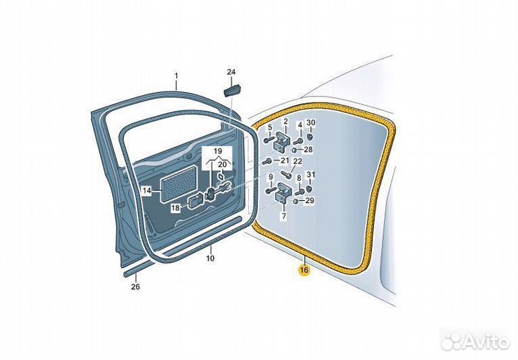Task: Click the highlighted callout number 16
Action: pos(304,270)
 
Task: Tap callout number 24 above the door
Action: pos(231,72)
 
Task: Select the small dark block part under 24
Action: pos(231,91)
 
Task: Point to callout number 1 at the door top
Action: pos(176,76)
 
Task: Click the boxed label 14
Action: pos(147,190)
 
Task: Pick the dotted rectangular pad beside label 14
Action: pos(178,184)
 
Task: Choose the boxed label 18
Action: pos(176,208)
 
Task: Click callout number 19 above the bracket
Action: pos(217,151)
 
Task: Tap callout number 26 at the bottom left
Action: pos(135,287)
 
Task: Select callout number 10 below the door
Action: pos(210,258)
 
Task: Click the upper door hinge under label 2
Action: pos(282,142)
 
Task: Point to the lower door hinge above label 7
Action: pos(283,193)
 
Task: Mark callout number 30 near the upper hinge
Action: pos(311,122)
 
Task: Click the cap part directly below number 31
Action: pos(310,189)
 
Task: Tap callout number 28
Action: pos(308,150)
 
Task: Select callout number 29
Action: pos(309,200)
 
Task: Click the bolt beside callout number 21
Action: pos(267,161)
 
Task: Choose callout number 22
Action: pos(298,161)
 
